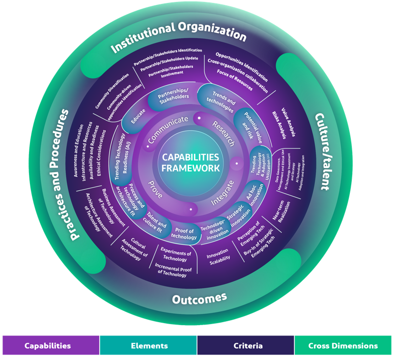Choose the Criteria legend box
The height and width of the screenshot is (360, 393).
(245, 345)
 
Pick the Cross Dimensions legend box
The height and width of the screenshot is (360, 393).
(343, 345)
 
